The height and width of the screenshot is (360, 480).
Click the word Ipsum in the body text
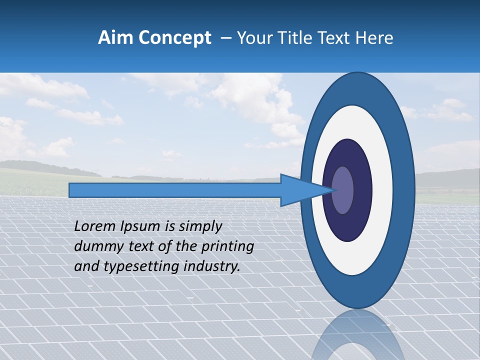click(141, 226)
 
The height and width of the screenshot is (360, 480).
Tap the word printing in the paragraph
click(228, 246)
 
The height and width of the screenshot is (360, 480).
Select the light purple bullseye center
click(342, 190)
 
